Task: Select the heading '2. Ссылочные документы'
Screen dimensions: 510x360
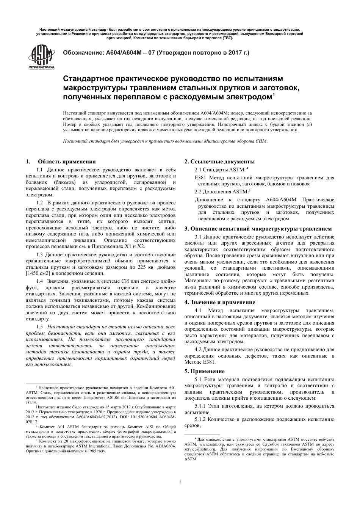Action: (x=219, y=162)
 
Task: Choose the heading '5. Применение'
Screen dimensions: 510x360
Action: (x=204, y=371)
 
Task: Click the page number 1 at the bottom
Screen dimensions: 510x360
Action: (x=180, y=482)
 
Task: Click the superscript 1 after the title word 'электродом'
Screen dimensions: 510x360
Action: (x=274, y=95)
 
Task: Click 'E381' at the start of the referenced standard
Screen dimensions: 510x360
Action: (x=200, y=177)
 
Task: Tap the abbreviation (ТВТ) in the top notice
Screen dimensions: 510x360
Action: (x=227, y=38)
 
